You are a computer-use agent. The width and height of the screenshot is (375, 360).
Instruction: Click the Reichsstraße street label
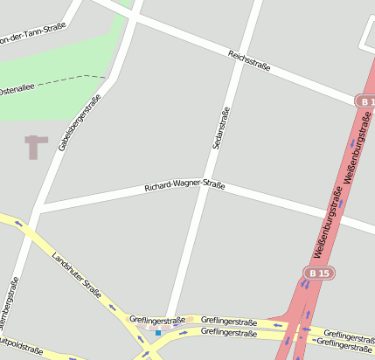(249, 60)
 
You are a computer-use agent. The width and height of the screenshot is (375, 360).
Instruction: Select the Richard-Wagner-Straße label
(184, 186)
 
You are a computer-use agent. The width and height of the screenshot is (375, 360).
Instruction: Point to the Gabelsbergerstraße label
(80, 122)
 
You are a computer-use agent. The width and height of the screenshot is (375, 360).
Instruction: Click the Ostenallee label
(16, 90)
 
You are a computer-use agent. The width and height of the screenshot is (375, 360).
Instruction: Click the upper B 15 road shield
(365, 101)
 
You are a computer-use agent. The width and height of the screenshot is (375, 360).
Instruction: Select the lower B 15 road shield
(319, 273)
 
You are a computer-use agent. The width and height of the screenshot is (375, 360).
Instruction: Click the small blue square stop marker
(158, 332)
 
